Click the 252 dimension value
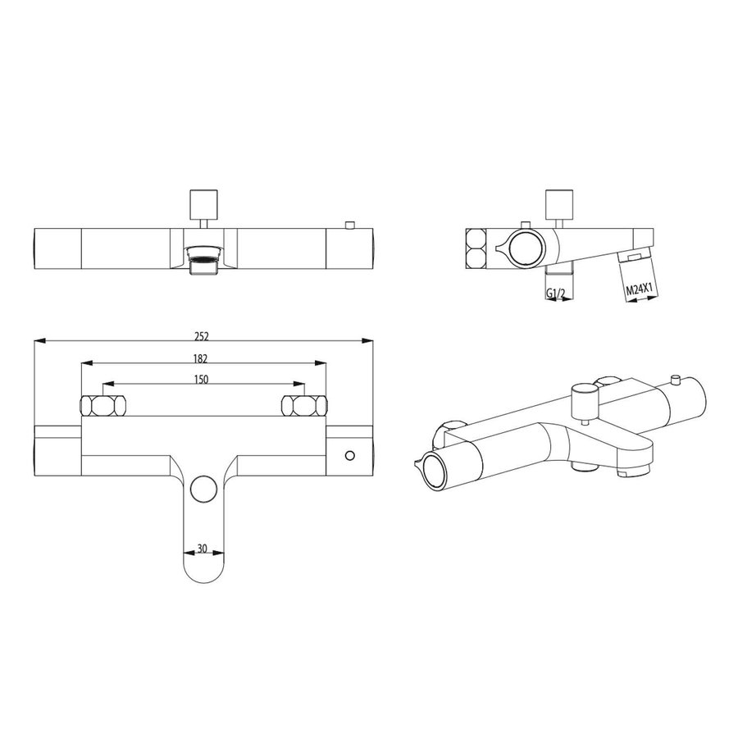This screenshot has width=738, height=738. (203, 336)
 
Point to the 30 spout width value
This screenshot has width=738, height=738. (202, 549)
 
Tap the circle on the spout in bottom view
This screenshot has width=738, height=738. (202, 490)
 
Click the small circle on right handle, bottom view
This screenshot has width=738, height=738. (351, 455)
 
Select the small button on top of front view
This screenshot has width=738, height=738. (350, 225)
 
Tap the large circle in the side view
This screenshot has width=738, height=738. (525, 246)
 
